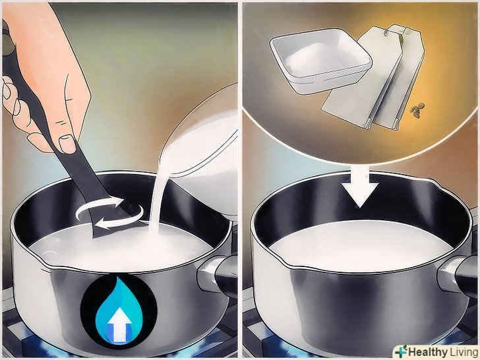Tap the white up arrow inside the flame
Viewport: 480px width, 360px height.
click(119, 324)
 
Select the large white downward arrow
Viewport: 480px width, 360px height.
click(361, 190)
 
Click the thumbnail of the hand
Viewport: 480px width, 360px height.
click(67, 144)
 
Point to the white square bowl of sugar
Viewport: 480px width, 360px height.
click(320, 61)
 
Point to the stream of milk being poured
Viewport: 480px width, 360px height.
click(158, 196)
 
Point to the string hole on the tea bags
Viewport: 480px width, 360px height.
click(387, 30)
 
